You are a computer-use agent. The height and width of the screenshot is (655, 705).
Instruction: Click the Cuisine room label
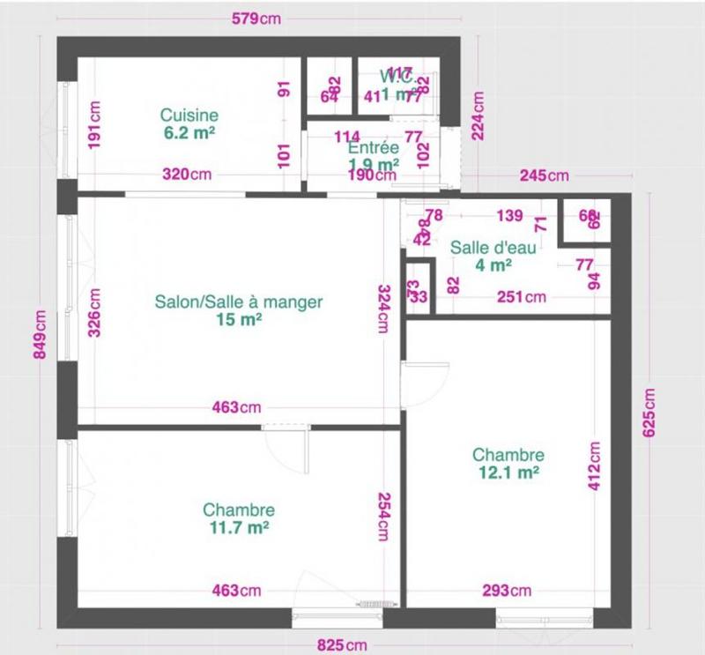[x=189, y=115]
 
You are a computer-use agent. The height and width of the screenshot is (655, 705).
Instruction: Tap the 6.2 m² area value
[x=189, y=133]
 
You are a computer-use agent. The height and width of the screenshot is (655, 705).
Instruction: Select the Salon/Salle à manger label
[x=239, y=301]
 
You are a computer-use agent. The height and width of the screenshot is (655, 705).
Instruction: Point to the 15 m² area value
[x=239, y=320]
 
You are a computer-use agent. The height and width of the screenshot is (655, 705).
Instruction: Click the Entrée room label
[x=374, y=147]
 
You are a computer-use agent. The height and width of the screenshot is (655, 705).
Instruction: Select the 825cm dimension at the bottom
[x=343, y=644]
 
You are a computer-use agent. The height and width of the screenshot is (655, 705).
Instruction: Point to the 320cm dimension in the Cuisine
[x=187, y=175]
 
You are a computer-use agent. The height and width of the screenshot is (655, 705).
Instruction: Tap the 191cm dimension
[x=95, y=124]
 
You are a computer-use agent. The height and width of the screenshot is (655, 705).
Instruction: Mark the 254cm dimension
[x=384, y=516]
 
